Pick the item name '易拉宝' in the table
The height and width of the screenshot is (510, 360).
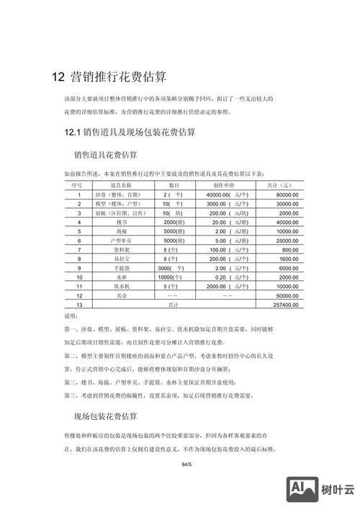[120, 259]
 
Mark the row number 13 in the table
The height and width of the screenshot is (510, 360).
[79, 305]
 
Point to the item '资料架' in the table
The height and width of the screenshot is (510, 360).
[120, 249]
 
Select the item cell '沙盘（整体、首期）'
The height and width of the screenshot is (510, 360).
[120, 194]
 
